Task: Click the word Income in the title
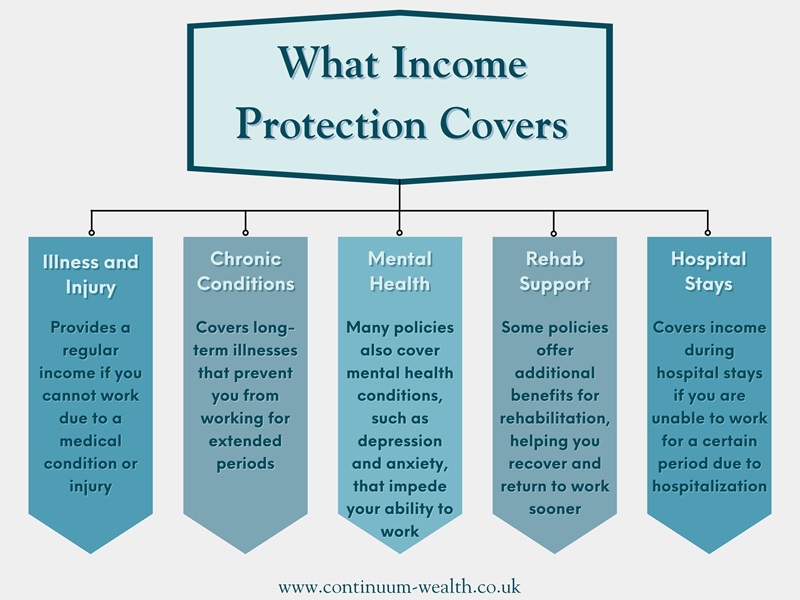460,64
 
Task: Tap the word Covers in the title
504,124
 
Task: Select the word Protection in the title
331,124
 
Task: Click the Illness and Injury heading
91,274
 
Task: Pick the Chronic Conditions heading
246,271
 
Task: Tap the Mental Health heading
400,271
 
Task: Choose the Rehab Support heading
555,271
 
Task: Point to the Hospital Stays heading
709,271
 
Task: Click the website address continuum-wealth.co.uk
399,586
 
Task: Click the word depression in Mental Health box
400,441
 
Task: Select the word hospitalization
710,486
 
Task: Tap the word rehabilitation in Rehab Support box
555,418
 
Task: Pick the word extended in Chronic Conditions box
245,441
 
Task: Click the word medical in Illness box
91,441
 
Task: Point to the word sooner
555,509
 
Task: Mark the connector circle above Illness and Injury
92,233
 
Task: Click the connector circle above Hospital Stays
708,233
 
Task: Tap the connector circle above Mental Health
399,233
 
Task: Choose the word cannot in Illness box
67,396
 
